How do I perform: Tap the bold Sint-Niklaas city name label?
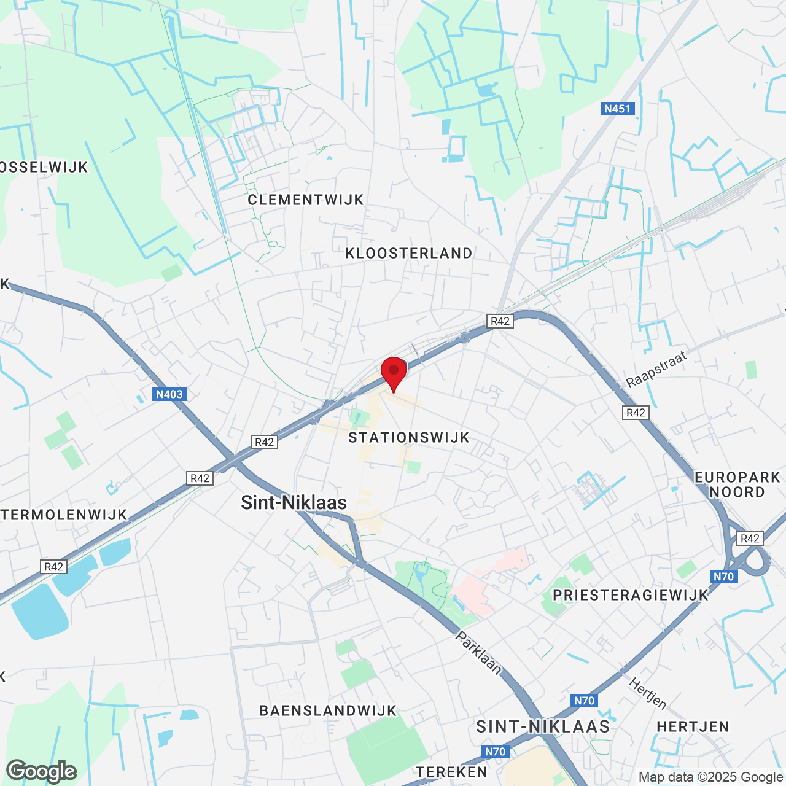pyautogui.click(x=294, y=502)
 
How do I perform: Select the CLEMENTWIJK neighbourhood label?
pyautogui.click(x=306, y=200)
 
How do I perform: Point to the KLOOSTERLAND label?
pyautogui.click(x=409, y=253)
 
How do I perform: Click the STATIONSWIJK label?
pyautogui.click(x=409, y=437)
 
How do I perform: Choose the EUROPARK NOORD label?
pyautogui.click(x=737, y=484)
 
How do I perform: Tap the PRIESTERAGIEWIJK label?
pyautogui.click(x=631, y=594)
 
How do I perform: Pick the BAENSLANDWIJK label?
pyautogui.click(x=328, y=710)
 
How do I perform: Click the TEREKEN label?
pyautogui.click(x=452, y=772)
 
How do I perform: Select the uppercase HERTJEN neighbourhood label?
pyautogui.click(x=693, y=726)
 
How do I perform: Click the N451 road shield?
pyautogui.click(x=617, y=109)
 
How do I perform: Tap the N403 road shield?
pyautogui.click(x=169, y=394)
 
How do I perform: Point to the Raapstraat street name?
pyautogui.click(x=656, y=370)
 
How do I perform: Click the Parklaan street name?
pyautogui.click(x=478, y=653)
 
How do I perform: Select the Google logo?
pyautogui.click(x=42, y=771)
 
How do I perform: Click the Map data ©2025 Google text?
pyautogui.click(x=710, y=777)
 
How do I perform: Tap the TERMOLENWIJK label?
pyautogui.click(x=64, y=515)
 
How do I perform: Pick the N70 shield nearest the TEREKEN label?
pyautogui.click(x=495, y=752)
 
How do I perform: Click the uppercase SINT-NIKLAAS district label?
pyautogui.click(x=543, y=726)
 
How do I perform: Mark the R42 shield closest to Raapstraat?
pyautogui.click(x=636, y=413)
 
